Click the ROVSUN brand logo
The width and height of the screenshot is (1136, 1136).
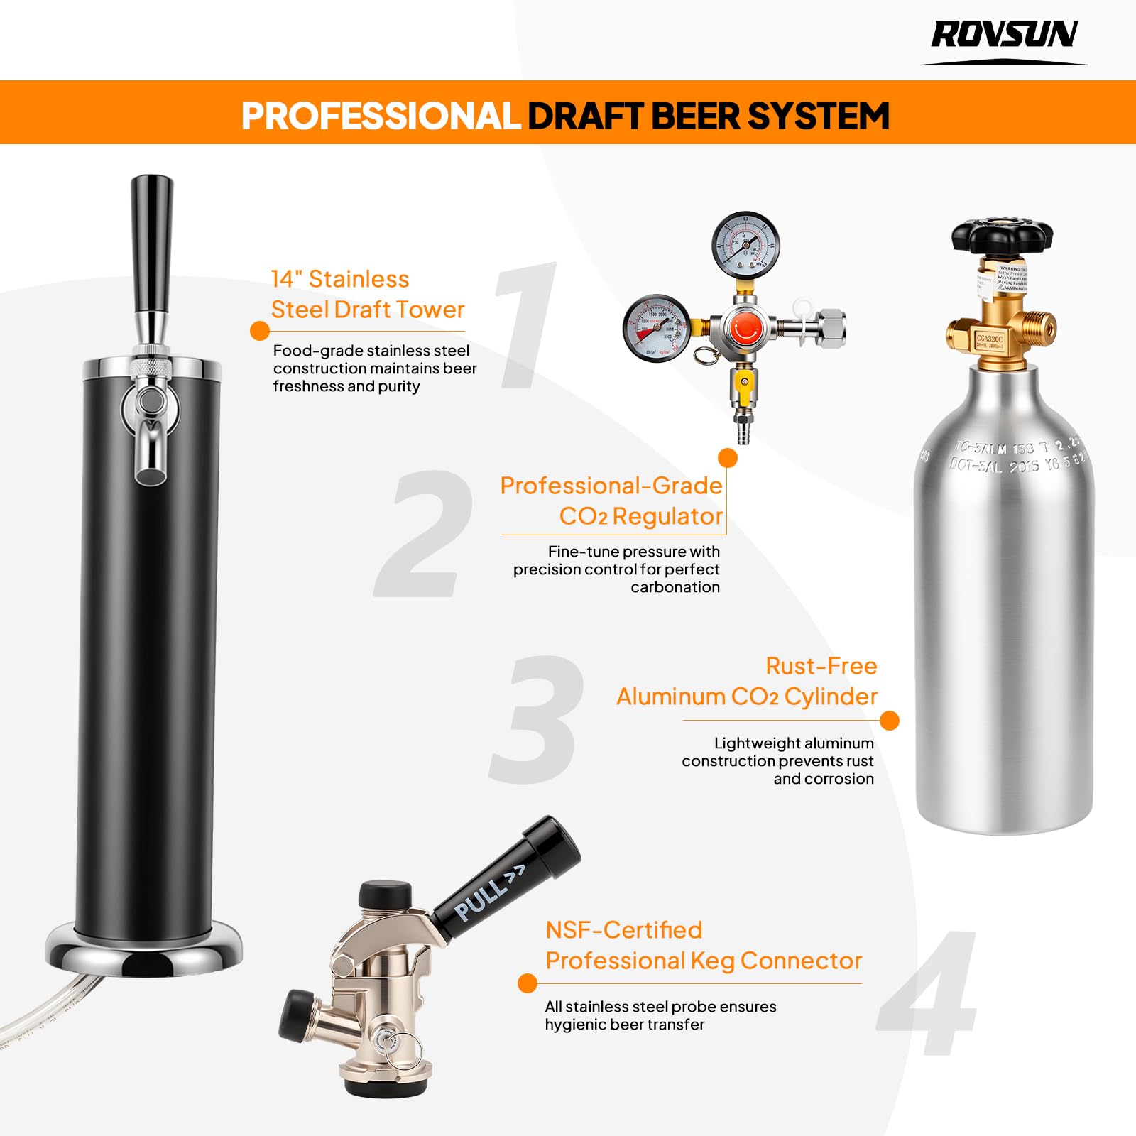[x=1004, y=35]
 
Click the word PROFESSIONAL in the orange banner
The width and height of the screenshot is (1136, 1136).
[x=381, y=116]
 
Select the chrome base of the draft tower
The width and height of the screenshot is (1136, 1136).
[x=144, y=949]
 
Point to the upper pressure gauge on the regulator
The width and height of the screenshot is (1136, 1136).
[x=745, y=246]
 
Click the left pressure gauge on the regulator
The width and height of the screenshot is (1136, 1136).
[x=657, y=329]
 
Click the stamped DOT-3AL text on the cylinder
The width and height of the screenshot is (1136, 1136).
[x=976, y=466]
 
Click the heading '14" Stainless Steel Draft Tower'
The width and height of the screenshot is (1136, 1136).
[x=367, y=295]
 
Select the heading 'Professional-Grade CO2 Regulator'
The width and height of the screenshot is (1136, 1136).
[x=612, y=501]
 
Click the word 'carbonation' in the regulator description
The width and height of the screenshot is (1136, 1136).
[x=674, y=587]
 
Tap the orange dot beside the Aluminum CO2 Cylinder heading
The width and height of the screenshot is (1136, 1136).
[x=889, y=721]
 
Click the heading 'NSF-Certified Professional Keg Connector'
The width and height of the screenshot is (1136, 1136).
[x=703, y=946]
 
